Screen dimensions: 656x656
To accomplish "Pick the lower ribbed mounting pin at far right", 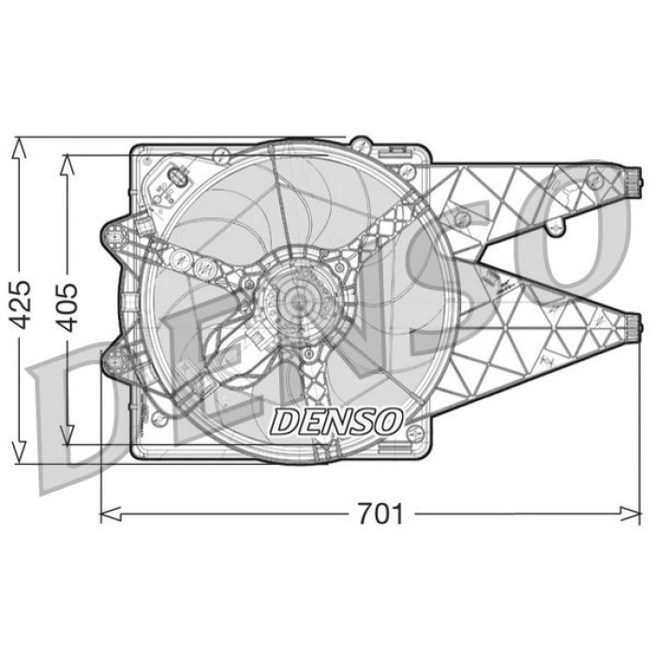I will coord(634,327).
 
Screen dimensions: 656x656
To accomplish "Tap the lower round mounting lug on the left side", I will coord(114,361).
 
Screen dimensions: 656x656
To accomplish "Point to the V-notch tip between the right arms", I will coord(490,275).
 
